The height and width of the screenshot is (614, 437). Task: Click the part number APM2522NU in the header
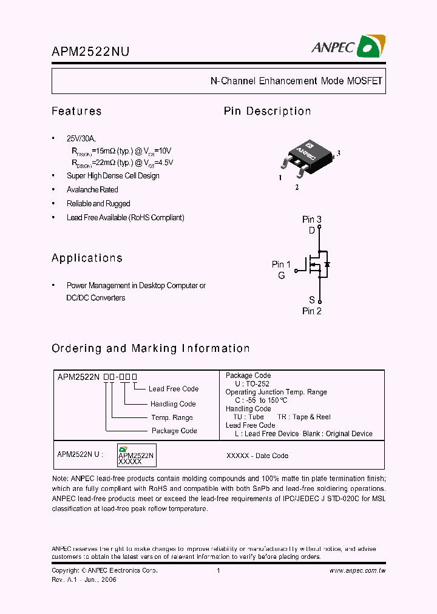pos(90,52)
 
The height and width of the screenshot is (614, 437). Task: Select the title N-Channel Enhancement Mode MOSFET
pos(296,81)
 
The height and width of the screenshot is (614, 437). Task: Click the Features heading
pos(76,111)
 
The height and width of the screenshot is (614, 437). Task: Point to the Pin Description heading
pos(267,111)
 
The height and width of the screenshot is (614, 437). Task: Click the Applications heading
pos(87,258)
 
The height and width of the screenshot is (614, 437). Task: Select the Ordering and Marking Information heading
pos(151,348)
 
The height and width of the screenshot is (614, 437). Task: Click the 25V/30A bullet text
pos(81,138)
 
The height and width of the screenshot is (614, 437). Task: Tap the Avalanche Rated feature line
pos(92,190)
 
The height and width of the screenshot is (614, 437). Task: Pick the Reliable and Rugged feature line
pos(98,204)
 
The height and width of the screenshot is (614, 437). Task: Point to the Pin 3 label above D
pos(312,219)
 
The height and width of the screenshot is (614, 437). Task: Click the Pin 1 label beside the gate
pos(281,264)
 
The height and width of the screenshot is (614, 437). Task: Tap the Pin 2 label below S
pos(312,311)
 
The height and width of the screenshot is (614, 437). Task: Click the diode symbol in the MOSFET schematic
pos(327,265)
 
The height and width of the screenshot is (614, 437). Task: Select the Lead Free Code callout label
pos(173,389)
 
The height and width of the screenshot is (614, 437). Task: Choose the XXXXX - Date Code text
pos(257,456)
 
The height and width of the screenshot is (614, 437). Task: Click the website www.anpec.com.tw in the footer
pos(357,571)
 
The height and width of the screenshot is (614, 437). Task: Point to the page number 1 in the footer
pos(218,571)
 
